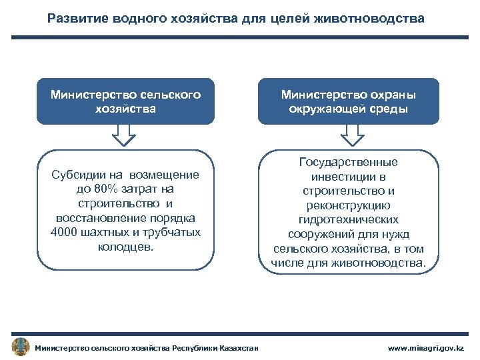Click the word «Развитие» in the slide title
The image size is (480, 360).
click(x=76, y=19)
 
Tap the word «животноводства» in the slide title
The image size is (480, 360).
click(x=375, y=19)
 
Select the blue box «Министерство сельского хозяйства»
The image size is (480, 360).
click(x=125, y=101)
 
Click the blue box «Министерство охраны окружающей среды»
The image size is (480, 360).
click(x=349, y=101)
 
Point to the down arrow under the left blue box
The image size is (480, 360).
click(x=123, y=136)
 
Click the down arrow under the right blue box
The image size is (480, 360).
click(x=352, y=136)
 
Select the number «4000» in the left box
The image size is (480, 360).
click(x=64, y=232)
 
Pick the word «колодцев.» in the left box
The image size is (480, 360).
click(x=125, y=247)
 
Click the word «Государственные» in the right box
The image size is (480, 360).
click(x=349, y=162)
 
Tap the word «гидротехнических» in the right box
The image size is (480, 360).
click(x=349, y=219)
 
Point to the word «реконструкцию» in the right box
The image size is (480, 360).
click(x=349, y=205)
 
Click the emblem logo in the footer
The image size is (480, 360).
click(x=21, y=347)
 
